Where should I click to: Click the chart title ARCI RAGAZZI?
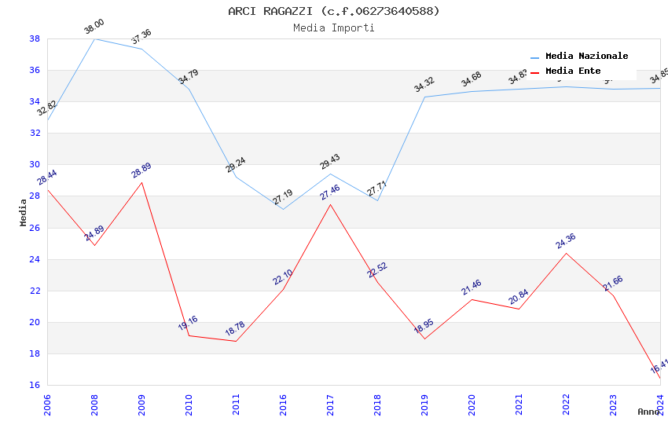coord(334,11)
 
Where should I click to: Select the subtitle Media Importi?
coord(334,27)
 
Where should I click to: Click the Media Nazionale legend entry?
coord(586,57)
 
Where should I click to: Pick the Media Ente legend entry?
coord(572,71)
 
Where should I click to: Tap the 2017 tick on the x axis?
coord(330,405)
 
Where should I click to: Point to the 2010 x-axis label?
coord(189,405)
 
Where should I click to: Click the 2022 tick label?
coord(566,405)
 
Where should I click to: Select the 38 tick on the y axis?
coord(35,38)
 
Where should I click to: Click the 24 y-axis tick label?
coord(35,259)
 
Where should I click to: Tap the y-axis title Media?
coord(24,212)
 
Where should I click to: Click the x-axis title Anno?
coord(648,412)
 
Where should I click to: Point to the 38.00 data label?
coord(94,27)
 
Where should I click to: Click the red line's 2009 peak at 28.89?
coord(141,182)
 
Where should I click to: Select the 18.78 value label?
coord(236,329)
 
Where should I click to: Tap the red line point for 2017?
coord(330,204)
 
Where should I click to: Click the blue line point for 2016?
coord(283,209)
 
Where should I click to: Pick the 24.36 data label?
coord(566,241)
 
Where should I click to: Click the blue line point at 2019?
coord(424,97)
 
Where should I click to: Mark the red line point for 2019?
coord(424,339)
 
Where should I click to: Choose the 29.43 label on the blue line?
coord(330,162)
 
